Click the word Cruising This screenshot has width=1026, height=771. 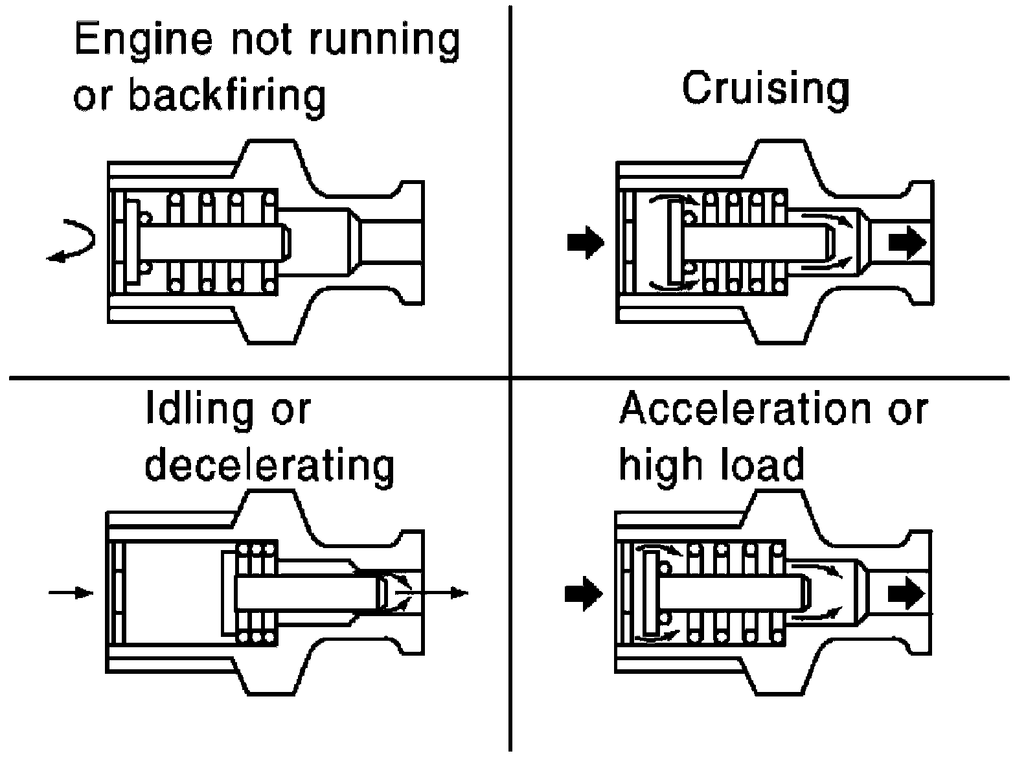(x=765, y=90)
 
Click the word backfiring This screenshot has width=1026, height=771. (x=226, y=95)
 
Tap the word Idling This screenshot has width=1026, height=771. (x=194, y=409)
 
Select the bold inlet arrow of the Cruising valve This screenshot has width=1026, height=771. (x=585, y=242)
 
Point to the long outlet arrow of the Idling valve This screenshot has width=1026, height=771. (x=434, y=592)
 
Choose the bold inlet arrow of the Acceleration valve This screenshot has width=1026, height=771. (x=584, y=593)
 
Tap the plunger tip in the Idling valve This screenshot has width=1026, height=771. (x=382, y=592)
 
